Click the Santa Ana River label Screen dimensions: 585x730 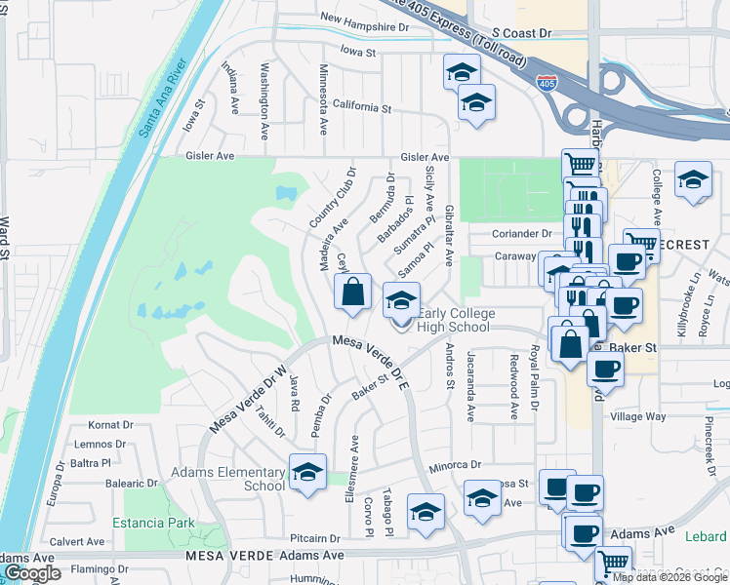(163, 100)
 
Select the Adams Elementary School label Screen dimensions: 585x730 (228, 479)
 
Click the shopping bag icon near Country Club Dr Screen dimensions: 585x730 (352, 290)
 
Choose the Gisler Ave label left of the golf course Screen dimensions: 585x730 (211, 155)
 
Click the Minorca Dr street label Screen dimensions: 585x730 (449, 465)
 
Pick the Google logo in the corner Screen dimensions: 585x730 (32, 573)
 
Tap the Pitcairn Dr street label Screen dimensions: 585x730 (314, 537)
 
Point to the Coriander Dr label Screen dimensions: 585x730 (521, 234)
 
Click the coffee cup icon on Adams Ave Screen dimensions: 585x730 (585, 533)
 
